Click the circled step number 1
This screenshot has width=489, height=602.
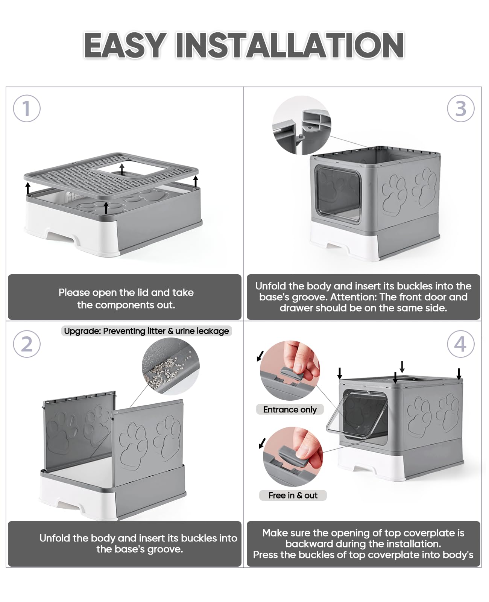(x=27, y=108)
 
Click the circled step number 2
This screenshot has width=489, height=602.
(x=27, y=344)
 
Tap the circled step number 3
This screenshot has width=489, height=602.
(x=461, y=108)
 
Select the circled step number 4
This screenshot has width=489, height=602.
(x=461, y=344)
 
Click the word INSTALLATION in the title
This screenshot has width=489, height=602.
(x=290, y=45)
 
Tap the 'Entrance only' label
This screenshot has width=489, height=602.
(x=290, y=409)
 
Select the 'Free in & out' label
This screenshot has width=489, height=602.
(x=293, y=495)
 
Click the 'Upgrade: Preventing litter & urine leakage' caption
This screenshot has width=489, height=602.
(x=146, y=331)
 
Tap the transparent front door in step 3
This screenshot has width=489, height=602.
(x=337, y=194)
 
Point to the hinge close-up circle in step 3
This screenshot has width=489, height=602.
(x=302, y=125)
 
